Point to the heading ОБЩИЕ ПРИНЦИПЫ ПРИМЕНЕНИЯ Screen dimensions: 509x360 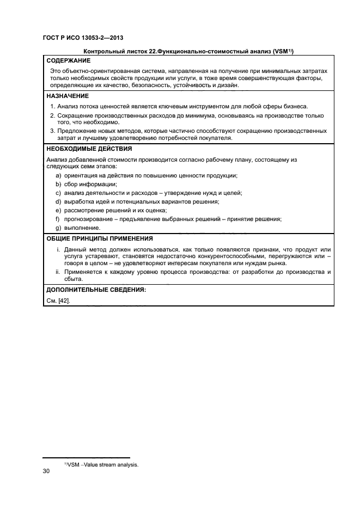pyautogui.click(x=99, y=238)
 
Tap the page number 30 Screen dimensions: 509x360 pyautogui.click(x=46, y=470)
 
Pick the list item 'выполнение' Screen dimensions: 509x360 pyautogui.click(x=82, y=228)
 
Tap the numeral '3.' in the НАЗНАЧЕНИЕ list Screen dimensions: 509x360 pyautogui.click(x=52, y=131)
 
